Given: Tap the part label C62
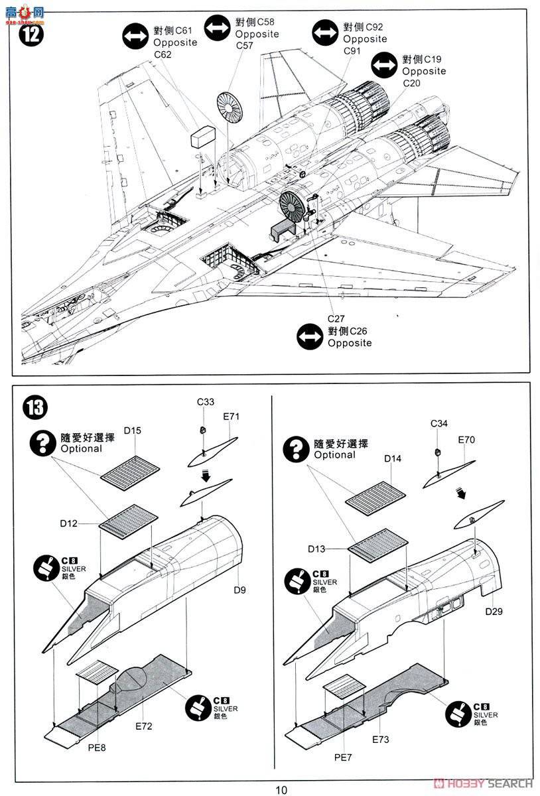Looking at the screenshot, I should point(163,54).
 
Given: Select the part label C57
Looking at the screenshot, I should point(245,46).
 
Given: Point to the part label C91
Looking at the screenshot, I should point(352,51).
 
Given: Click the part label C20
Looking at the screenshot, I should point(411,83).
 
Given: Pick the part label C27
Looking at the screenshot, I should point(336,318).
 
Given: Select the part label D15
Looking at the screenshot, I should point(133,431).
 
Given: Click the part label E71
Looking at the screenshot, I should point(231,417).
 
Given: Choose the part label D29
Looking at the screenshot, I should point(494,611).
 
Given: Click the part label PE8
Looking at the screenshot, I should point(98,748).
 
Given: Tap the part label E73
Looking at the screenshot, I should point(381,739).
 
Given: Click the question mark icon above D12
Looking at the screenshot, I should point(44,442).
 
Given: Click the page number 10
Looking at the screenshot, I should point(282,789).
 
